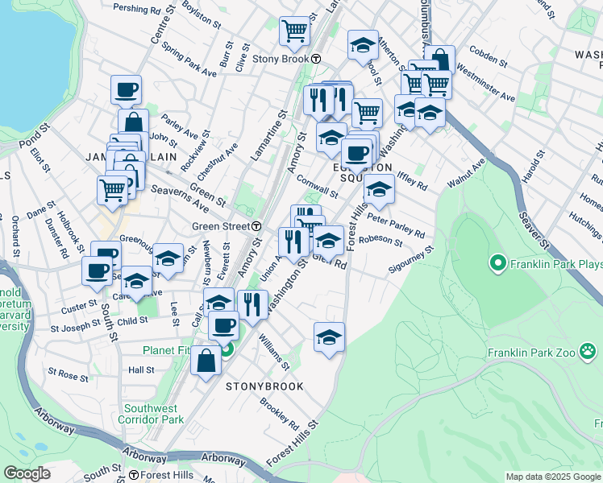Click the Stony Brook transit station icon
point(317,59)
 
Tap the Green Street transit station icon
point(256,226)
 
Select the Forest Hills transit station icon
point(134,475)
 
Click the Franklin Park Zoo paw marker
point(588,352)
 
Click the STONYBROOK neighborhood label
point(264,386)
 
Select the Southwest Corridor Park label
point(151,413)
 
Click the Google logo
point(27,473)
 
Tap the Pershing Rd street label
point(138,10)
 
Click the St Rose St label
point(68,374)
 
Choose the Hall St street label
point(141,369)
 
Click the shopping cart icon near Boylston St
point(294,31)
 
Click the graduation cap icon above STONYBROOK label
point(329,337)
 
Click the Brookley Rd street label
point(280,412)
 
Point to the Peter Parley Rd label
point(395,225)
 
